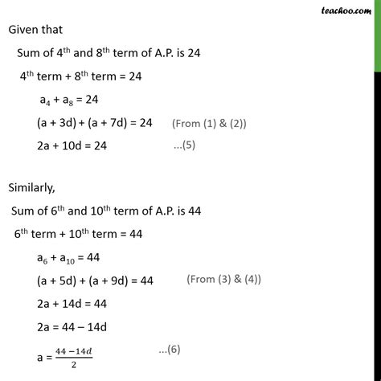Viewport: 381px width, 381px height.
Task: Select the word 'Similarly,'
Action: [35, 191]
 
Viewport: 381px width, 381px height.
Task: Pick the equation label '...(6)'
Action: [176, 351]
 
